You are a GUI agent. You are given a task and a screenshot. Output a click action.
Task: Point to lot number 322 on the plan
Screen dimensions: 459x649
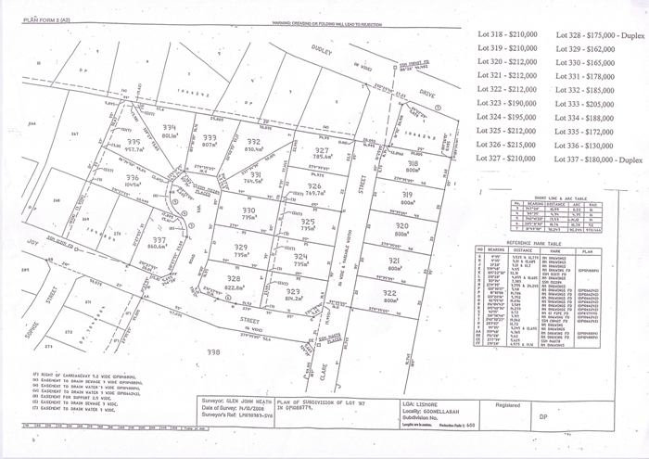[388, 292]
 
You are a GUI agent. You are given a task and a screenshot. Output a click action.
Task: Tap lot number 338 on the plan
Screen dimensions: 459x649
[213, 352]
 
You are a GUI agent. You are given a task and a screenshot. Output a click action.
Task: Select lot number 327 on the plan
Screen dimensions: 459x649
[322, 150]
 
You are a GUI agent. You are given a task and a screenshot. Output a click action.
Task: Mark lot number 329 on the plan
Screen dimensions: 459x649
[240, 248]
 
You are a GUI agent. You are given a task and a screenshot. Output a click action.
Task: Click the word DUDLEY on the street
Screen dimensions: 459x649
[320, 53]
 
